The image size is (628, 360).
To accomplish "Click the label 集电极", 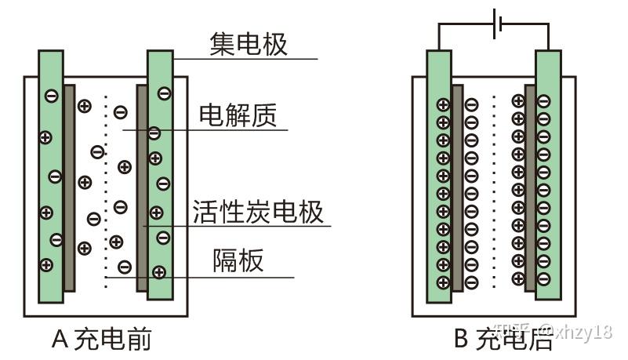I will pos(249,44).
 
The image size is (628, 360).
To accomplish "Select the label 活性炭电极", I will pos(258,212).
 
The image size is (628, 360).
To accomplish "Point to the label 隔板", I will pos(238,260).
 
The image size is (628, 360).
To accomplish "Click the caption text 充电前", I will pos(113,339).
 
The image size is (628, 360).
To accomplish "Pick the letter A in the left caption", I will pos(61,339).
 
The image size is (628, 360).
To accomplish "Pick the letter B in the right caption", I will pos(462,339).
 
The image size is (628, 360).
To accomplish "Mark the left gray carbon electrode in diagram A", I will pos(69,188).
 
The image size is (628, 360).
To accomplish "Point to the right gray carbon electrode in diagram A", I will pos(142,188).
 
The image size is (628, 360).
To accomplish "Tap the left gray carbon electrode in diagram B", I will pos(457,188).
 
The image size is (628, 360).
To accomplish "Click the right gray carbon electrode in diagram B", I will pos(530,188).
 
